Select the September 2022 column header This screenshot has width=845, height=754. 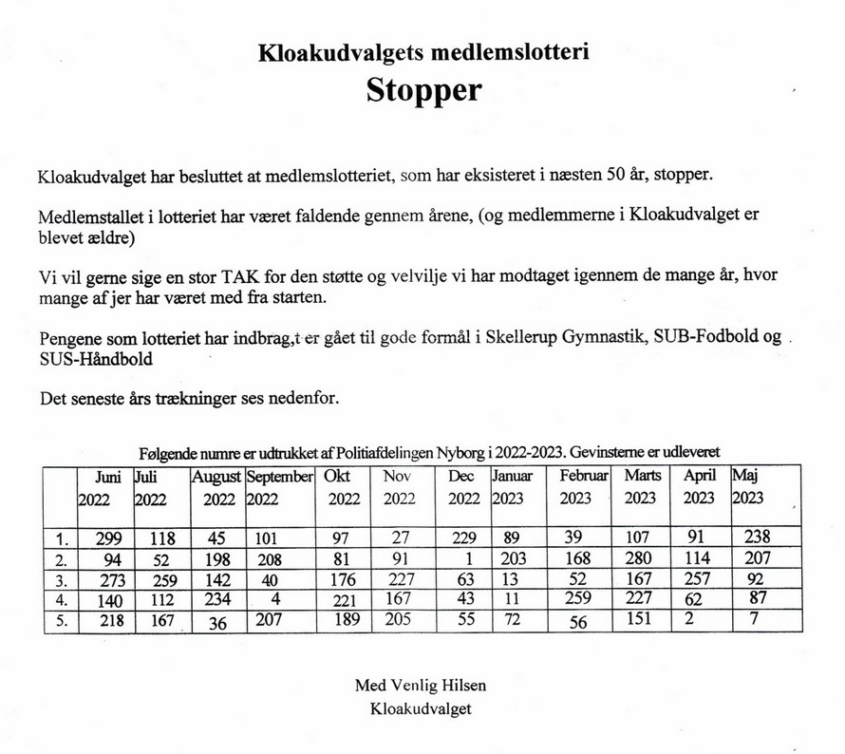[x=279, y=486]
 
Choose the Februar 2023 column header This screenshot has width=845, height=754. [x=578, y=486]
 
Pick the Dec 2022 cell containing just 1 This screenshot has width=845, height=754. [x=465, y=558]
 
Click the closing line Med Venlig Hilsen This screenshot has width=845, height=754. [x=421, y=685]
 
